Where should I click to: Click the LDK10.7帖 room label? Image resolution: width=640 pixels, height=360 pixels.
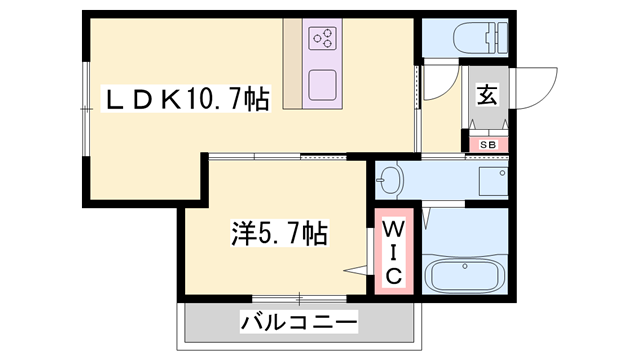[188, 99]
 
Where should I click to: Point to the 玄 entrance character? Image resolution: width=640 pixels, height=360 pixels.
[487, 96]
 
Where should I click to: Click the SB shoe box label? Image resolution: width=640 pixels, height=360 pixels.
[488, 144]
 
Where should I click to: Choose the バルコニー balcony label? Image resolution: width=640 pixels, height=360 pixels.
[298, 323]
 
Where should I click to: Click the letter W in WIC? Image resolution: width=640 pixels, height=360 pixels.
[393, 229]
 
